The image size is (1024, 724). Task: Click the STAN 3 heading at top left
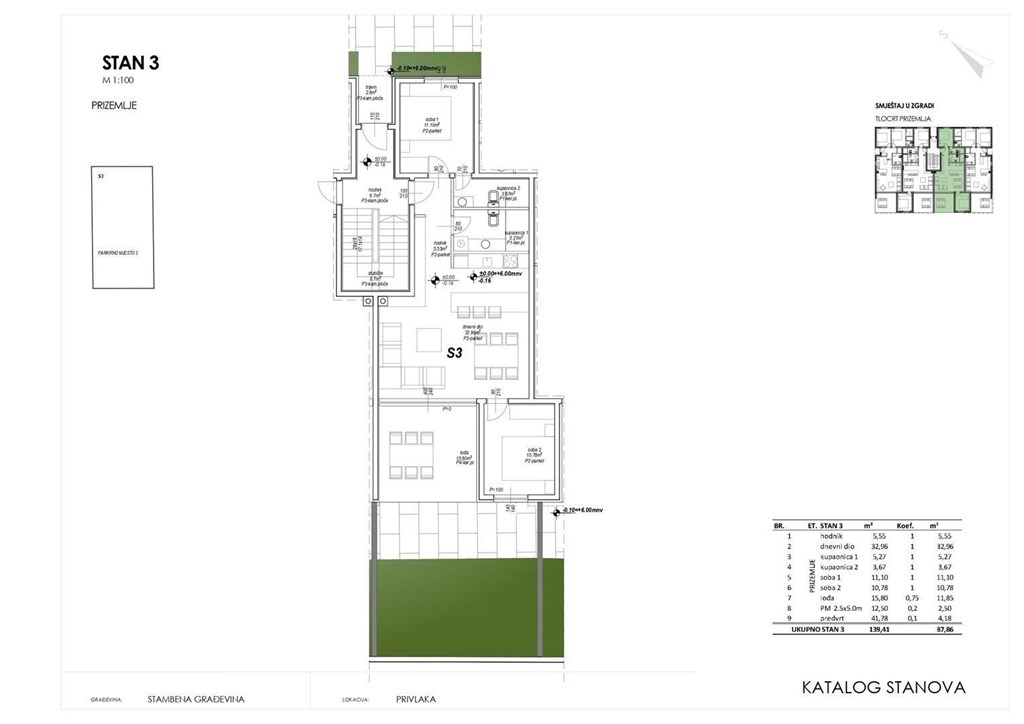pyautogui.click(x=131, y=63)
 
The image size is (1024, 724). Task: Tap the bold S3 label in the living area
pyautogui.click(x=454, y=352)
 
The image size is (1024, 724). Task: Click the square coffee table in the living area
pyautogui.click(x=429, y=340)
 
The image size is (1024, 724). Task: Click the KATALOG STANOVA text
pyautogui.click(x=884, y=687)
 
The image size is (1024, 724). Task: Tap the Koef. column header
pyautogui.click(x=911, y=524)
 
